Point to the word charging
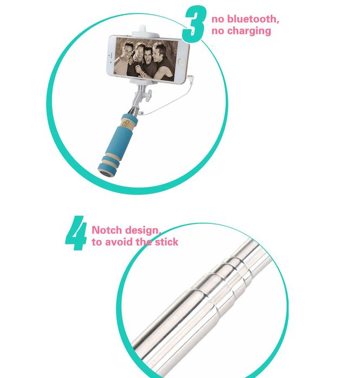tap(248, 31)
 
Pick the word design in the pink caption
tap(145, 231)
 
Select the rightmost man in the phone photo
tap(162, 61)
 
